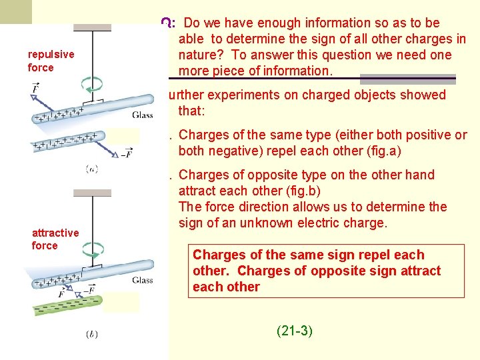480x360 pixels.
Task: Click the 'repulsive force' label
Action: point(51,61)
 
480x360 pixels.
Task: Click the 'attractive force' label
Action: point(55,239)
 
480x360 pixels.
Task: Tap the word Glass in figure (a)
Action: point(142,115)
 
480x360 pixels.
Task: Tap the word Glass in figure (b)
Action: point(142,280)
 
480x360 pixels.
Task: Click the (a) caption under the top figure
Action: point(92,169)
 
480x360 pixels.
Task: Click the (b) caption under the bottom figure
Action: point(92,334)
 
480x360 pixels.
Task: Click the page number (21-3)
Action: point(294,330)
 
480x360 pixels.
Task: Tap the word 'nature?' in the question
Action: point(201,55)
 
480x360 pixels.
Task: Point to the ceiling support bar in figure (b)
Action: point(92,193)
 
